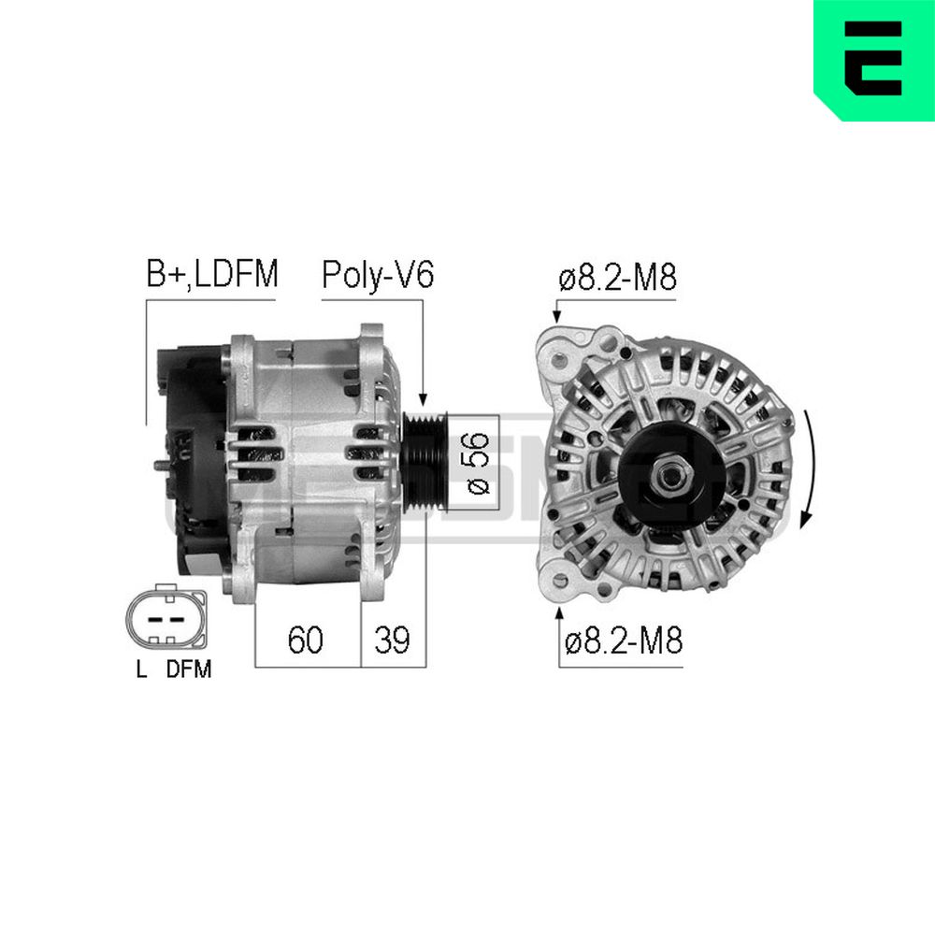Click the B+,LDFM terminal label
211,275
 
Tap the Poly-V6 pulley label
378,275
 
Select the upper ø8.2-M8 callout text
617,279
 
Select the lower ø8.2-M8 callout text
623,641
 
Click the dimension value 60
306,640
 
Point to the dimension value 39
393,640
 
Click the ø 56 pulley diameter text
478,464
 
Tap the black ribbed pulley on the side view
424,463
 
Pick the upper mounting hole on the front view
560,360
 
